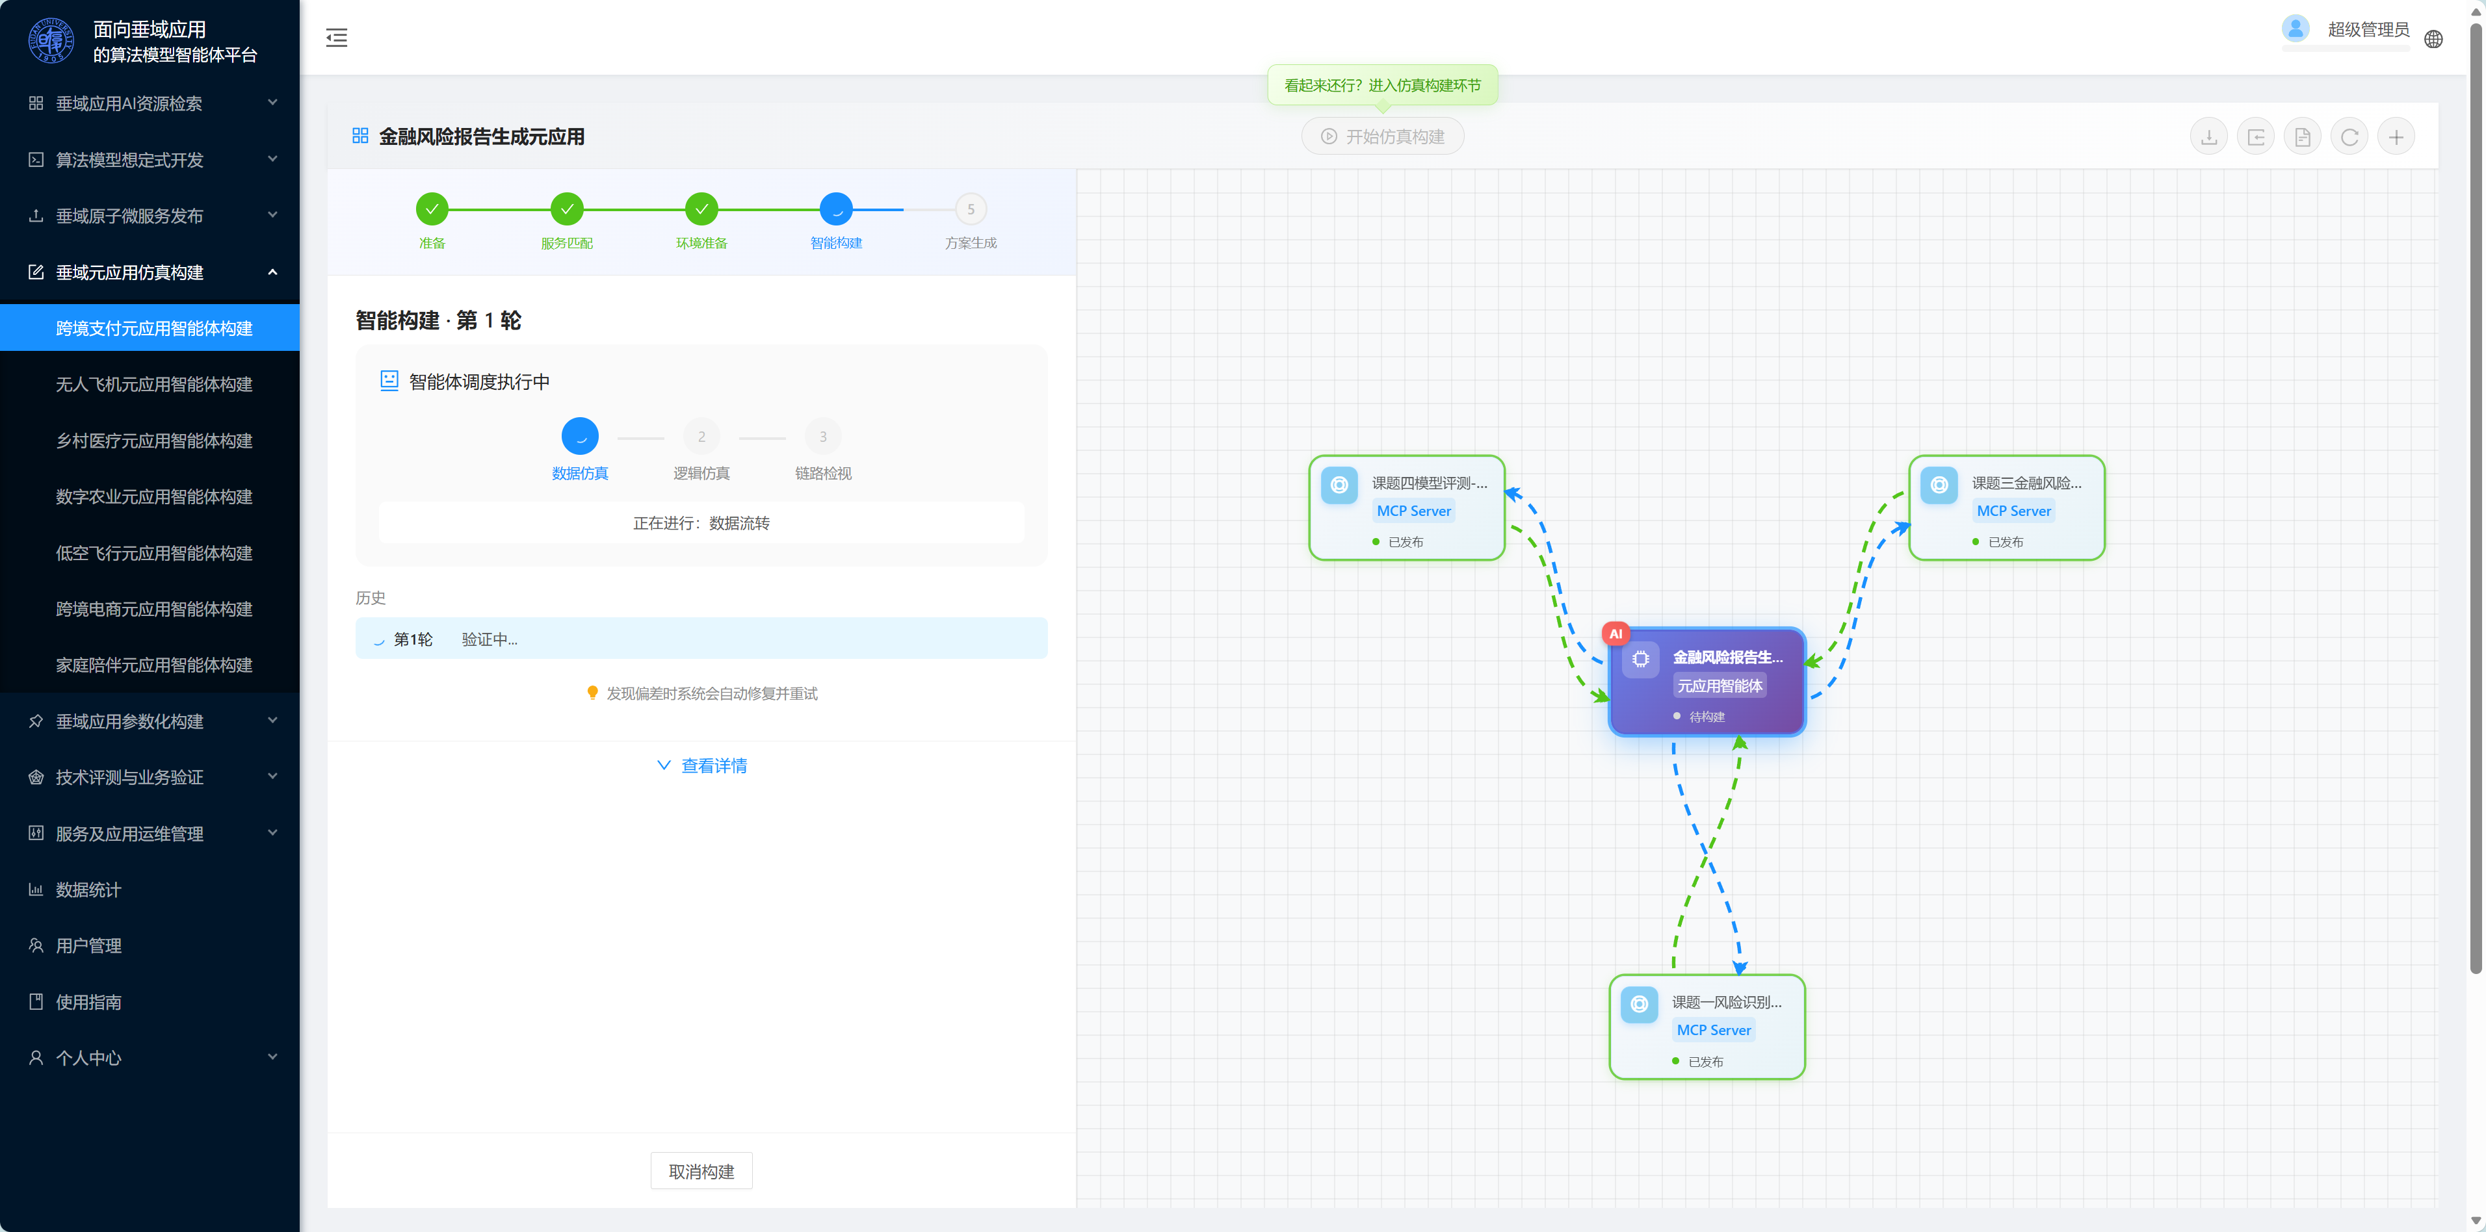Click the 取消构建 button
point(701,1171)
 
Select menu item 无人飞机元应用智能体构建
point(155,385)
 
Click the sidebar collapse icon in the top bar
point(337,38)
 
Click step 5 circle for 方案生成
point(971,209)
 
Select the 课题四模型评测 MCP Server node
point(1406,508)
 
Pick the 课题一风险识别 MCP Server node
point(1707,1027)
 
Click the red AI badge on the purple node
point(1616,634)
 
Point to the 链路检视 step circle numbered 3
point(822,437)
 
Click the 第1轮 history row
point(701,639)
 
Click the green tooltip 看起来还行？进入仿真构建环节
point(1382,86)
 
